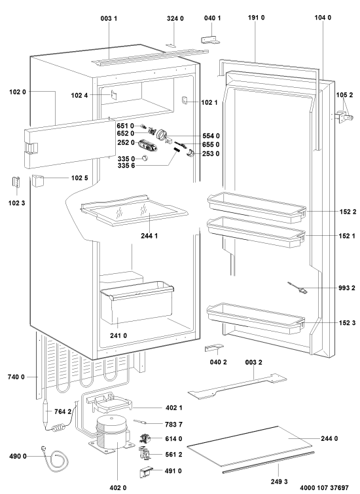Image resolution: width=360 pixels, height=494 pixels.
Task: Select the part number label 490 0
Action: click(18, 456)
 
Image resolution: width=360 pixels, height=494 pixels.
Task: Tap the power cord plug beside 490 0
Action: click(44, 449)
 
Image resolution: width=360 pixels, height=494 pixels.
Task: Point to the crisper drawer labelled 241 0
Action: click(137, 303)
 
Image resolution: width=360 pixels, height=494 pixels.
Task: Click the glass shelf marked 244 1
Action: click(134, 210)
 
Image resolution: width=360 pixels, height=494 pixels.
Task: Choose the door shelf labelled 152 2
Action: click(257, 207)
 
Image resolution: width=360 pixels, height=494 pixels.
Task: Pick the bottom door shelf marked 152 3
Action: click(256, 318)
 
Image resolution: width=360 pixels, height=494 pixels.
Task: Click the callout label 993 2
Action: click(347, 288)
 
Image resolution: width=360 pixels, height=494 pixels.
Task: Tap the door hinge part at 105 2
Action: click(343, 117)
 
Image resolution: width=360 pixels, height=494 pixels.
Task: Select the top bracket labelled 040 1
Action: click(210, 39)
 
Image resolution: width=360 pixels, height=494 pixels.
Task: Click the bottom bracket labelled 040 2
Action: click(214, 347)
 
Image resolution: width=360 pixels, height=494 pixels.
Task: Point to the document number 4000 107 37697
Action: click(324, 487)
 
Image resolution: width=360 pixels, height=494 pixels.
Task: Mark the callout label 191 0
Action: click(256, 17)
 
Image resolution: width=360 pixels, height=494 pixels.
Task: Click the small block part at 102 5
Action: click(37, 181)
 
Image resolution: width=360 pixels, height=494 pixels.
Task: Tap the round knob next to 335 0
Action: click(145, 158)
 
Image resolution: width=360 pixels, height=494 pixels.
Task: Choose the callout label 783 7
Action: click(173, 425)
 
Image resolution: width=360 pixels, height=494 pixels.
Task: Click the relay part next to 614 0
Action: click(145, 438)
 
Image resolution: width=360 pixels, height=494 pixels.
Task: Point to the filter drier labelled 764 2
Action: click(46, 411)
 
